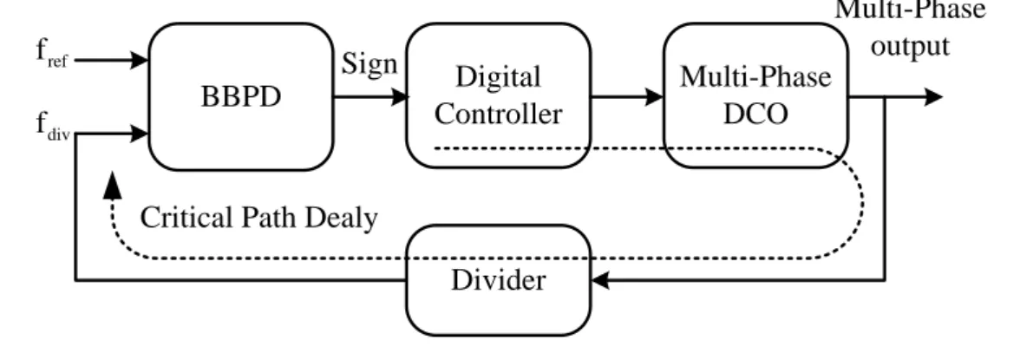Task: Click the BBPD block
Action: [x=241, y=97]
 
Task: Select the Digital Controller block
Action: [x=498, y=95]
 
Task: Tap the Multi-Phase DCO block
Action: [x=756, y=95]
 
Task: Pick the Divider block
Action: [x=498, y=280]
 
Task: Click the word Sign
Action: [x=369, y=65]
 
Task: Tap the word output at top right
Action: [x=910, y=46]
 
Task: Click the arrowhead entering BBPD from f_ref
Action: [x=140, y=60]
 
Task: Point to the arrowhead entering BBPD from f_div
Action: [x=140, y=134]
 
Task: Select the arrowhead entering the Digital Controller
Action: [x=398, y=97]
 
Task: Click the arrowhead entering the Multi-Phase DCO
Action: [x=654, y=97]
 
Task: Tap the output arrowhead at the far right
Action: [x=933, y=97]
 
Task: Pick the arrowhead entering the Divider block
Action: [x=600, y=280]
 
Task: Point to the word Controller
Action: [x=498, y=114]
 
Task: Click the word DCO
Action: [x=756, y=114]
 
